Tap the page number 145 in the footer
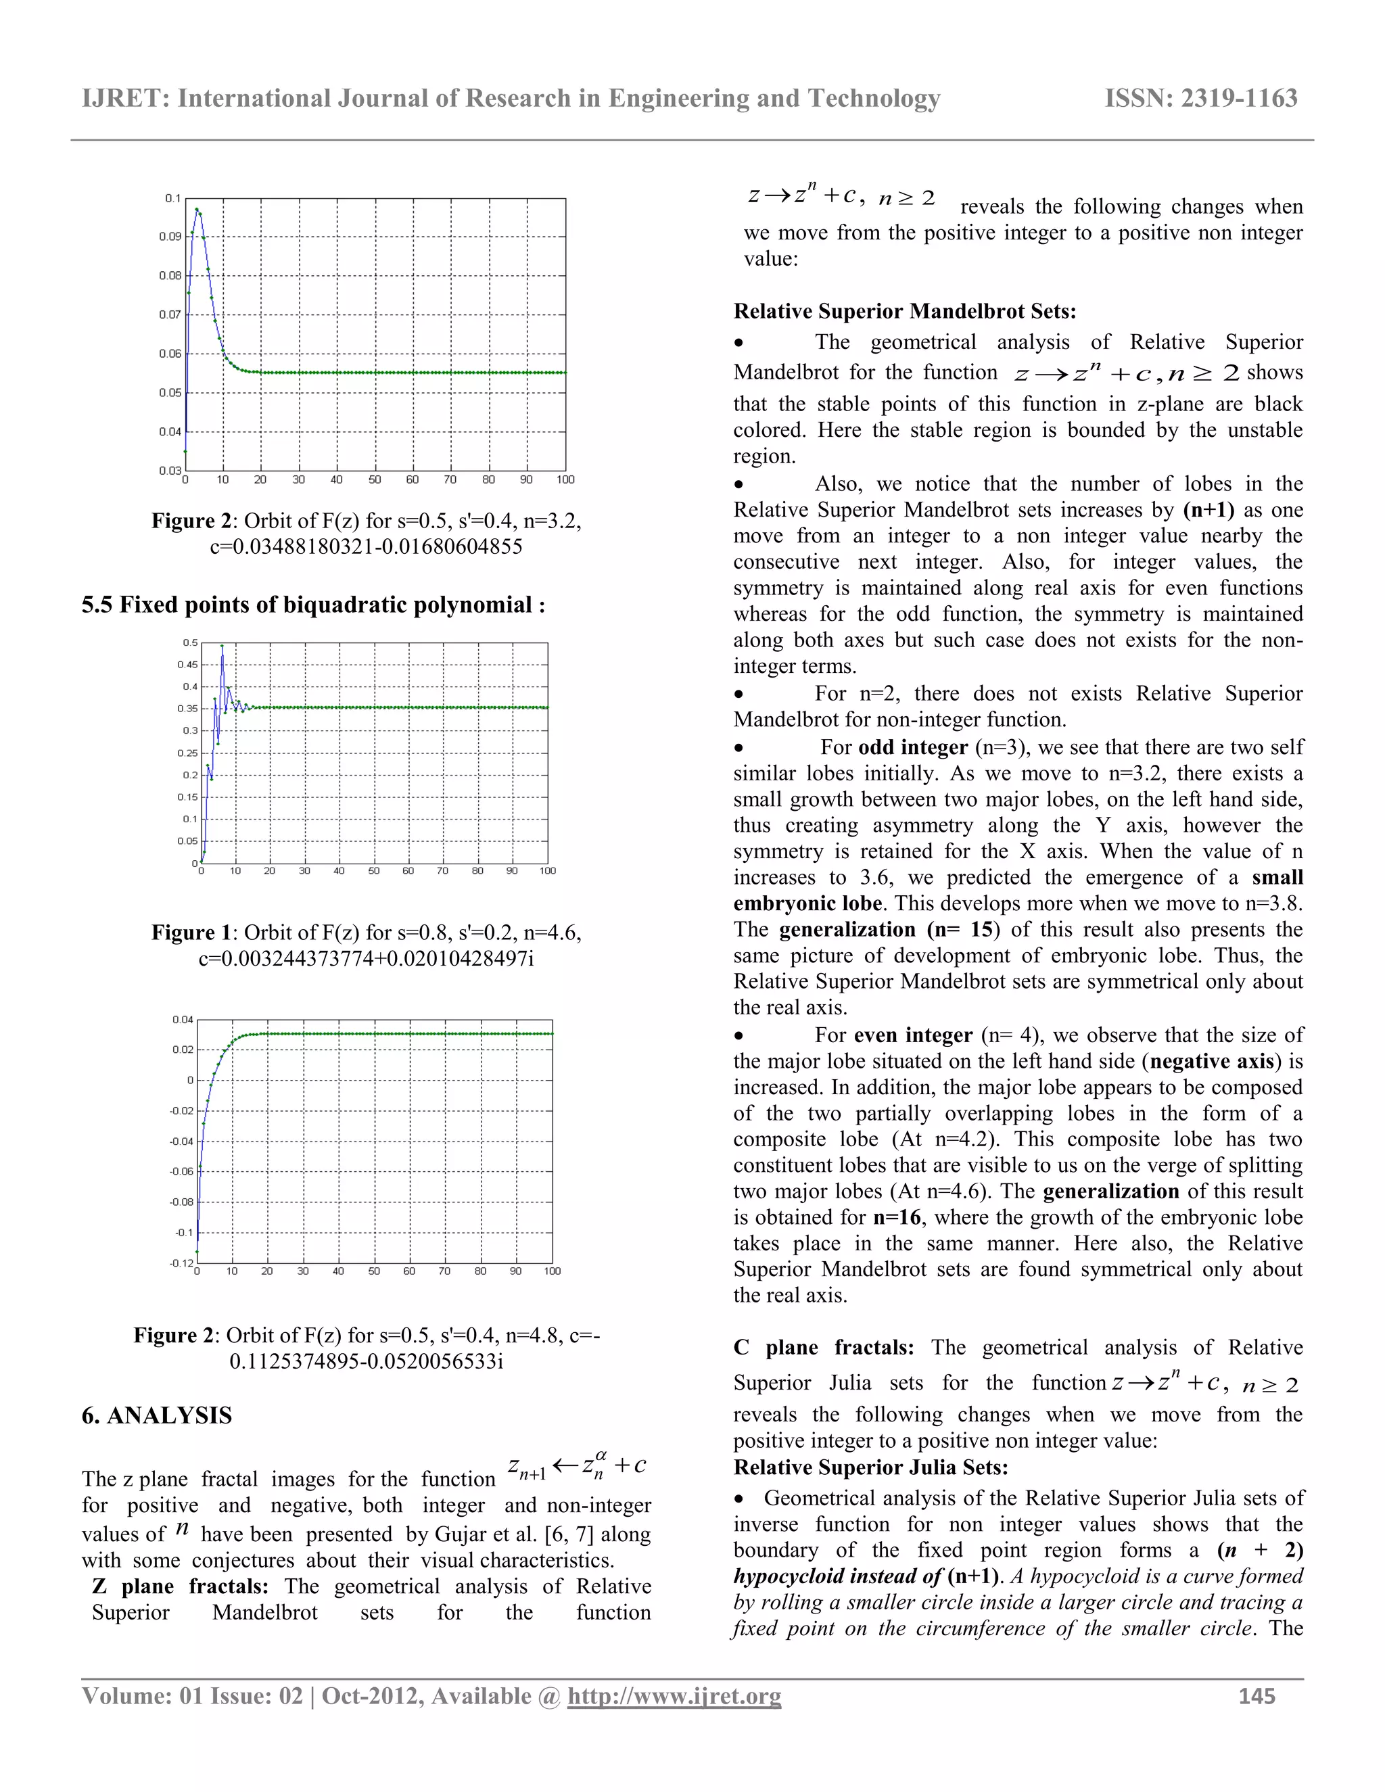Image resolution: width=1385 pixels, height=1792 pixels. [1257, 1695]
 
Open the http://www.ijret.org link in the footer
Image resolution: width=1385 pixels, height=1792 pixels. [674, 1695]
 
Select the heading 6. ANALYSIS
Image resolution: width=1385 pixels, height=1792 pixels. [157, 1415]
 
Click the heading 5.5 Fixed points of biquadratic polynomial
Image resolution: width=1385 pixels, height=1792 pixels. [312, 605]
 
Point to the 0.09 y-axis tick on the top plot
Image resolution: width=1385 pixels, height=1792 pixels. [170, 236]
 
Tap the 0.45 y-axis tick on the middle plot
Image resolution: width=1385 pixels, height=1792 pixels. [188, 665]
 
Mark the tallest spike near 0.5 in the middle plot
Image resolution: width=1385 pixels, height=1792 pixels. [222, 647]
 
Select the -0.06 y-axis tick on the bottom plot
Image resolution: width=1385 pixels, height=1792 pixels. [181, 1171]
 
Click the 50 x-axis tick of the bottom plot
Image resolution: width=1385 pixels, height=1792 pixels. [374, 1271]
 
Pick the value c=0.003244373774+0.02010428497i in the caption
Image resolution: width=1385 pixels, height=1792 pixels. [366, 958]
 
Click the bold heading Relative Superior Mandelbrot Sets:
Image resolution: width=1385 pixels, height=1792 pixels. [904, 311]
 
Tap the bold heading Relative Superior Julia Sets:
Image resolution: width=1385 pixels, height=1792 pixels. [870, 1467]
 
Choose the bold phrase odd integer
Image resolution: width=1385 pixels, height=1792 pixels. [912, 747]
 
